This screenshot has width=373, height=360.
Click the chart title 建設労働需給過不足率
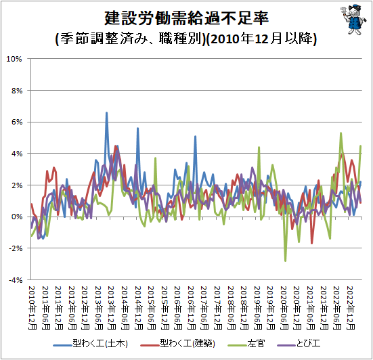click(x=187, y=18)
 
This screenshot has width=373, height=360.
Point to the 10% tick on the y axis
click(x=14, y=59)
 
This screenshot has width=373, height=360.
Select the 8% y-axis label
click(x=17, y=91)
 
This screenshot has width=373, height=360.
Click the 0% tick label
click(x=17, y=217)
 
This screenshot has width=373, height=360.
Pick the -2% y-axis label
click(x=16, y=248)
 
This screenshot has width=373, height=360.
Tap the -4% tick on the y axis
click(x=16, y=280)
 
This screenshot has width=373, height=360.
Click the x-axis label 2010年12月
click(x=32, y=308)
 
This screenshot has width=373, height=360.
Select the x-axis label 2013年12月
click(x=112, y=308)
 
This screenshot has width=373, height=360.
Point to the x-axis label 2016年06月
click(x=178, y=308)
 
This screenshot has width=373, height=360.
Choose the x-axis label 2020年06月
click(x=284, y=308)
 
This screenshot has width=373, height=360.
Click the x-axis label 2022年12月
click(x=351, y=308)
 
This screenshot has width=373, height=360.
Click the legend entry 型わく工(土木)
click(x=91, y=344)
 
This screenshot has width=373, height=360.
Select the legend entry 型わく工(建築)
click(x=177, y=344)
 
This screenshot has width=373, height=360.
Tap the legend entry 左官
click(x=246, y=344)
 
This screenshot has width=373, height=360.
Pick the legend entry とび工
click(x=299, y=344)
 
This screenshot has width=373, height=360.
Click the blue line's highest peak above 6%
click(x=106, y=112)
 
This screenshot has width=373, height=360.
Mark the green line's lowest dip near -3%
click(x=285, y=261)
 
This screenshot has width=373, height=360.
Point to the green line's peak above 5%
click(x=341, y=133)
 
